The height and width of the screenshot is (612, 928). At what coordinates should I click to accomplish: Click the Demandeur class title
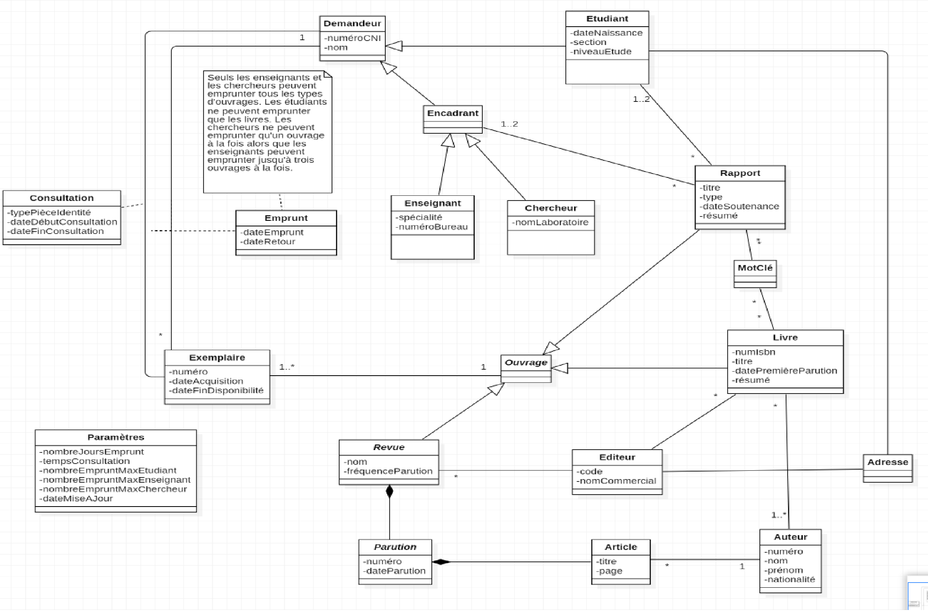point(352,23)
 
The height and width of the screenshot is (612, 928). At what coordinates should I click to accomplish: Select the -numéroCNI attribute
point(353,38)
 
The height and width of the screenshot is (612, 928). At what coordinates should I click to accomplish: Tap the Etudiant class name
point(607,19)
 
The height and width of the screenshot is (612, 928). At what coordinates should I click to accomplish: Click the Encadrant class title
point(452,113)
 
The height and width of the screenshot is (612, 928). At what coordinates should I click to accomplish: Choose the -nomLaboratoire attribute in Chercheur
point(550,222)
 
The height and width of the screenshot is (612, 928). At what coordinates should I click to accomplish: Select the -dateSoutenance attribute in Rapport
point(740,207)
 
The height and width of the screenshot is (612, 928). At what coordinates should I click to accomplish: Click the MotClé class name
point(755,268)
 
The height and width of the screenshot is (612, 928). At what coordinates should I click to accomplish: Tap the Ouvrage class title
point(526,363)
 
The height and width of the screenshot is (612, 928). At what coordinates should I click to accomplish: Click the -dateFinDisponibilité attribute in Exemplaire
point(216,391)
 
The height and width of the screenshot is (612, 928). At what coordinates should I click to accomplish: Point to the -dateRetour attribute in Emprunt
point(268,242)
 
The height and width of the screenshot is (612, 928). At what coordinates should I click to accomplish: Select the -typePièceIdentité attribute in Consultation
point(49,212)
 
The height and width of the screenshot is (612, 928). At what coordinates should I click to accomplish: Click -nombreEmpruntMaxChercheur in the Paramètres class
point(113,489)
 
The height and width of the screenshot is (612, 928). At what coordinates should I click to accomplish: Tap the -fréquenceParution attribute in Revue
point(388,472)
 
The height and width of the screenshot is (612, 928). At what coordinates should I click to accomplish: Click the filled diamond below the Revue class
point(390,492)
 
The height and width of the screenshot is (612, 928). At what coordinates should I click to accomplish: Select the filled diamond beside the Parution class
point(441,562)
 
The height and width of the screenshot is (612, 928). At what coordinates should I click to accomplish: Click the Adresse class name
point(887,462)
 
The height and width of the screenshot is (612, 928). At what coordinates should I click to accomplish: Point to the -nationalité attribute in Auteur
point(790,580)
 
